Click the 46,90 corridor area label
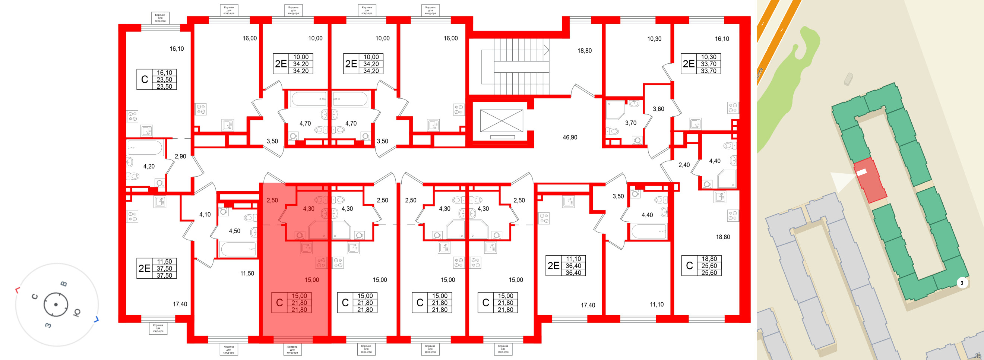570,137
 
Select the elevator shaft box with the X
501,121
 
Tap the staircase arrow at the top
546,50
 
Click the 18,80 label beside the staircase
584,50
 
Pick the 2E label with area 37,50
145,268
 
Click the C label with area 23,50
145,79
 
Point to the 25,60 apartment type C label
689,266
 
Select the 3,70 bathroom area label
630,123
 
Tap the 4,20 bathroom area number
149,166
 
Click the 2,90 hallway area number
180,156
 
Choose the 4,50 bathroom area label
234,231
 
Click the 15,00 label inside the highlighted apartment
311,280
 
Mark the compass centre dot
56,304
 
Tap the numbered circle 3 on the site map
962,283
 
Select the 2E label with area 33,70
688,64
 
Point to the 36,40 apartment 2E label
553,266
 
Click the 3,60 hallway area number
658,109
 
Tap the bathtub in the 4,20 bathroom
145,147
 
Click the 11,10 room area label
656,304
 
